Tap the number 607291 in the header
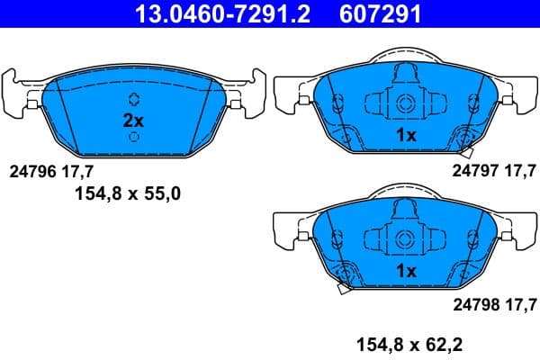tap(378, 13)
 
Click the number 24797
tap(474, 169)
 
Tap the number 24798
tap(474, 303)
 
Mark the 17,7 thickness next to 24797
tap(518, 169)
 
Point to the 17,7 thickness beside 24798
tap(518, 303)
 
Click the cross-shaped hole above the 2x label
tap(133, 99)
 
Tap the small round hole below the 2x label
tap(133, 137)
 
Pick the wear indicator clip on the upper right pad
tap(467, 138)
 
